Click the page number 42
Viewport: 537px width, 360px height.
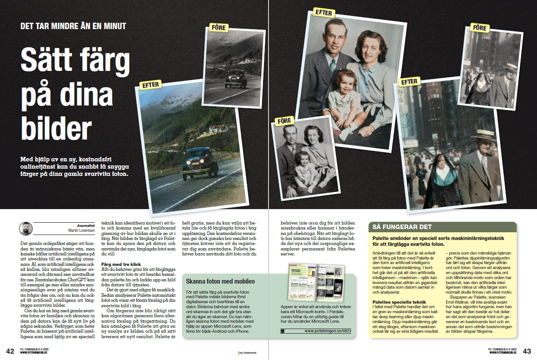[10, 351]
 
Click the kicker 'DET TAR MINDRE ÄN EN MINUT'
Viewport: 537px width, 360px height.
[73, 26]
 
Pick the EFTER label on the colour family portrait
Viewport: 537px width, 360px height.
[323, 13]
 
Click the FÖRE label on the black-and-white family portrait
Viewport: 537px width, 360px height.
[285, 121]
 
